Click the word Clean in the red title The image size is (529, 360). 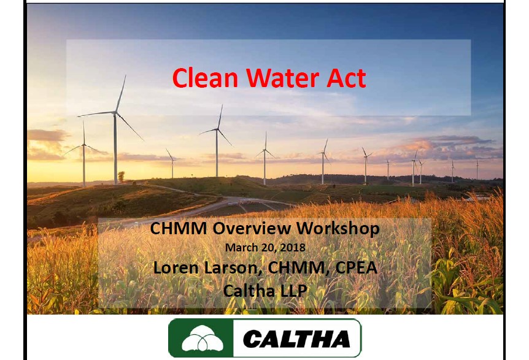[x=205, y=78]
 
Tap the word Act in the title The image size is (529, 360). [x=346, y=78]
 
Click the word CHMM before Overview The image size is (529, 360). [x=179, y=228]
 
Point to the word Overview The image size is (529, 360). [x=252, y=228]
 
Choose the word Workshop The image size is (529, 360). [x=338, y=229]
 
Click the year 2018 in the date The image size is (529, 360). [x=293, y=247]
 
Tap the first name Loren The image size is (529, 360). [x=176, y=267]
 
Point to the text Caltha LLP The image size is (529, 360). [x=265, y=291]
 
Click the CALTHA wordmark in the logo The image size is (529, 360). [x=296, y=339]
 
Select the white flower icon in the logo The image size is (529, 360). [x=202, y=338]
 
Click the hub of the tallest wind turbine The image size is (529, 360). [x=115, y=113]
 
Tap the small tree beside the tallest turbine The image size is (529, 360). [x=121, y=177]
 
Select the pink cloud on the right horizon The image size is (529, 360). [x=449, y=147]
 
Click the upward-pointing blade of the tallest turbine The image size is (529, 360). [x=121, y=94]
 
